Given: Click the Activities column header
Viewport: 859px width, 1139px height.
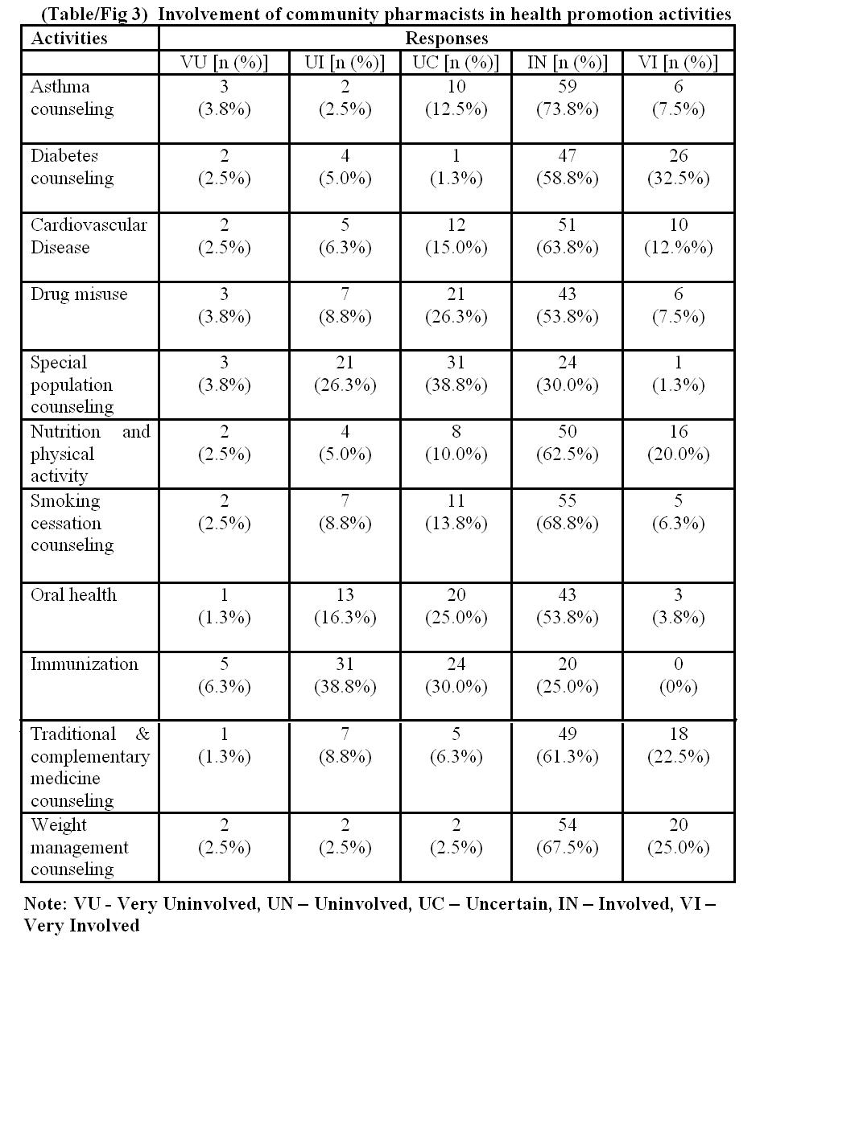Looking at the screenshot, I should click(x=69, y=39).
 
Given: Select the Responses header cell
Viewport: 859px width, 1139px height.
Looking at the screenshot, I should click(x=446, y=39).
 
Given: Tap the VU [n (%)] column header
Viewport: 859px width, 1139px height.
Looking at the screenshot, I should click(x=224, y=63).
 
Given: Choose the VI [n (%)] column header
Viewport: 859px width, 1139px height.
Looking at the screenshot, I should click(x=678, y=63).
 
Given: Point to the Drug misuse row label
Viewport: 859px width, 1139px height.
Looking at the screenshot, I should click(x=79, y=294).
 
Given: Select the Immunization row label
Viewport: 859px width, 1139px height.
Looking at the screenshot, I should click(x=85, y=664).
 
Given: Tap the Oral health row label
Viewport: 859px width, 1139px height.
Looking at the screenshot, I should click(x=73, y=595).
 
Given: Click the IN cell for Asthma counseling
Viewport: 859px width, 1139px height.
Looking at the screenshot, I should click(x=567, y=98).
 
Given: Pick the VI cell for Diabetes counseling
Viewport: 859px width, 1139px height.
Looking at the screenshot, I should click(x=678, y=167).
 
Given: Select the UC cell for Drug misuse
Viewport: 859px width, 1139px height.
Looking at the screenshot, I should click(x=456, y=306).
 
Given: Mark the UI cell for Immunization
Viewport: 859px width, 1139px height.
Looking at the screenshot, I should click(x=345, y=676).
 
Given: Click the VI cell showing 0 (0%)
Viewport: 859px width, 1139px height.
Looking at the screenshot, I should click(x=678, y=676).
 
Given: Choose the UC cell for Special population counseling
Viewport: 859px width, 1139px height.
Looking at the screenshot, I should click(x=456, y=374).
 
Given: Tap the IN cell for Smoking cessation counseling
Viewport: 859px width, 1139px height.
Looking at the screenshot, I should click(x=567, y=512).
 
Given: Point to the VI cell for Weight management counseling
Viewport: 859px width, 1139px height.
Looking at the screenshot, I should click(x=678, y=837).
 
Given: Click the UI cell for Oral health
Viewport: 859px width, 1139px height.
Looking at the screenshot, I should click(x=345, y=607).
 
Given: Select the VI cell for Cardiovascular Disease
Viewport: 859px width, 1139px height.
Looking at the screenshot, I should click(x=678, y=236).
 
